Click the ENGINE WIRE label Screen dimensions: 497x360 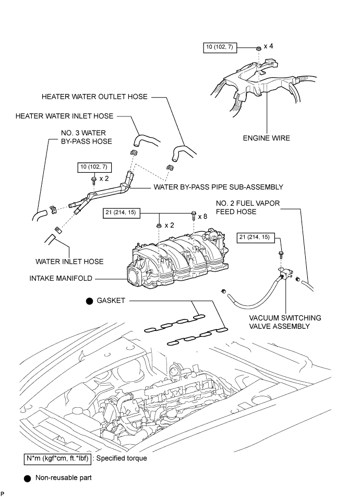267,138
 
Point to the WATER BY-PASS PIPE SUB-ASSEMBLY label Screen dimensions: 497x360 218,186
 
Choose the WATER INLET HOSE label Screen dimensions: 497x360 69,261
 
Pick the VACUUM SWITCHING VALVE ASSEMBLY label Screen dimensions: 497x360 285,322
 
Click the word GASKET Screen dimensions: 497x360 111,301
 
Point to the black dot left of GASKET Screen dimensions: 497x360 89,301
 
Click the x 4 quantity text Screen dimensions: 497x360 268,46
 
